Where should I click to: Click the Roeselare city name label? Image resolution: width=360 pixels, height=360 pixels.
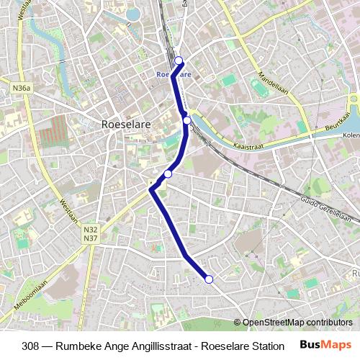[x=126, y=125]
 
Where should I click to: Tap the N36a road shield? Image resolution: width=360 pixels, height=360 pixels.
[x=22, y=88]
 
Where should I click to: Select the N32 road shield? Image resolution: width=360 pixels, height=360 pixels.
[x=91, y=230]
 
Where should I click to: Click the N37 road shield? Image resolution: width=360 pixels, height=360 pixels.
[x=91, y=238]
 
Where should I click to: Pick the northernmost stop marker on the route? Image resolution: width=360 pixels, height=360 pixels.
[x=179, y=61]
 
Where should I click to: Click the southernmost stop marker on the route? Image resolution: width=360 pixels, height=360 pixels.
[x=210, y=279]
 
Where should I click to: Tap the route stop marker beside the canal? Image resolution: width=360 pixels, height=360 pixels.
[x=186, y=120]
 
